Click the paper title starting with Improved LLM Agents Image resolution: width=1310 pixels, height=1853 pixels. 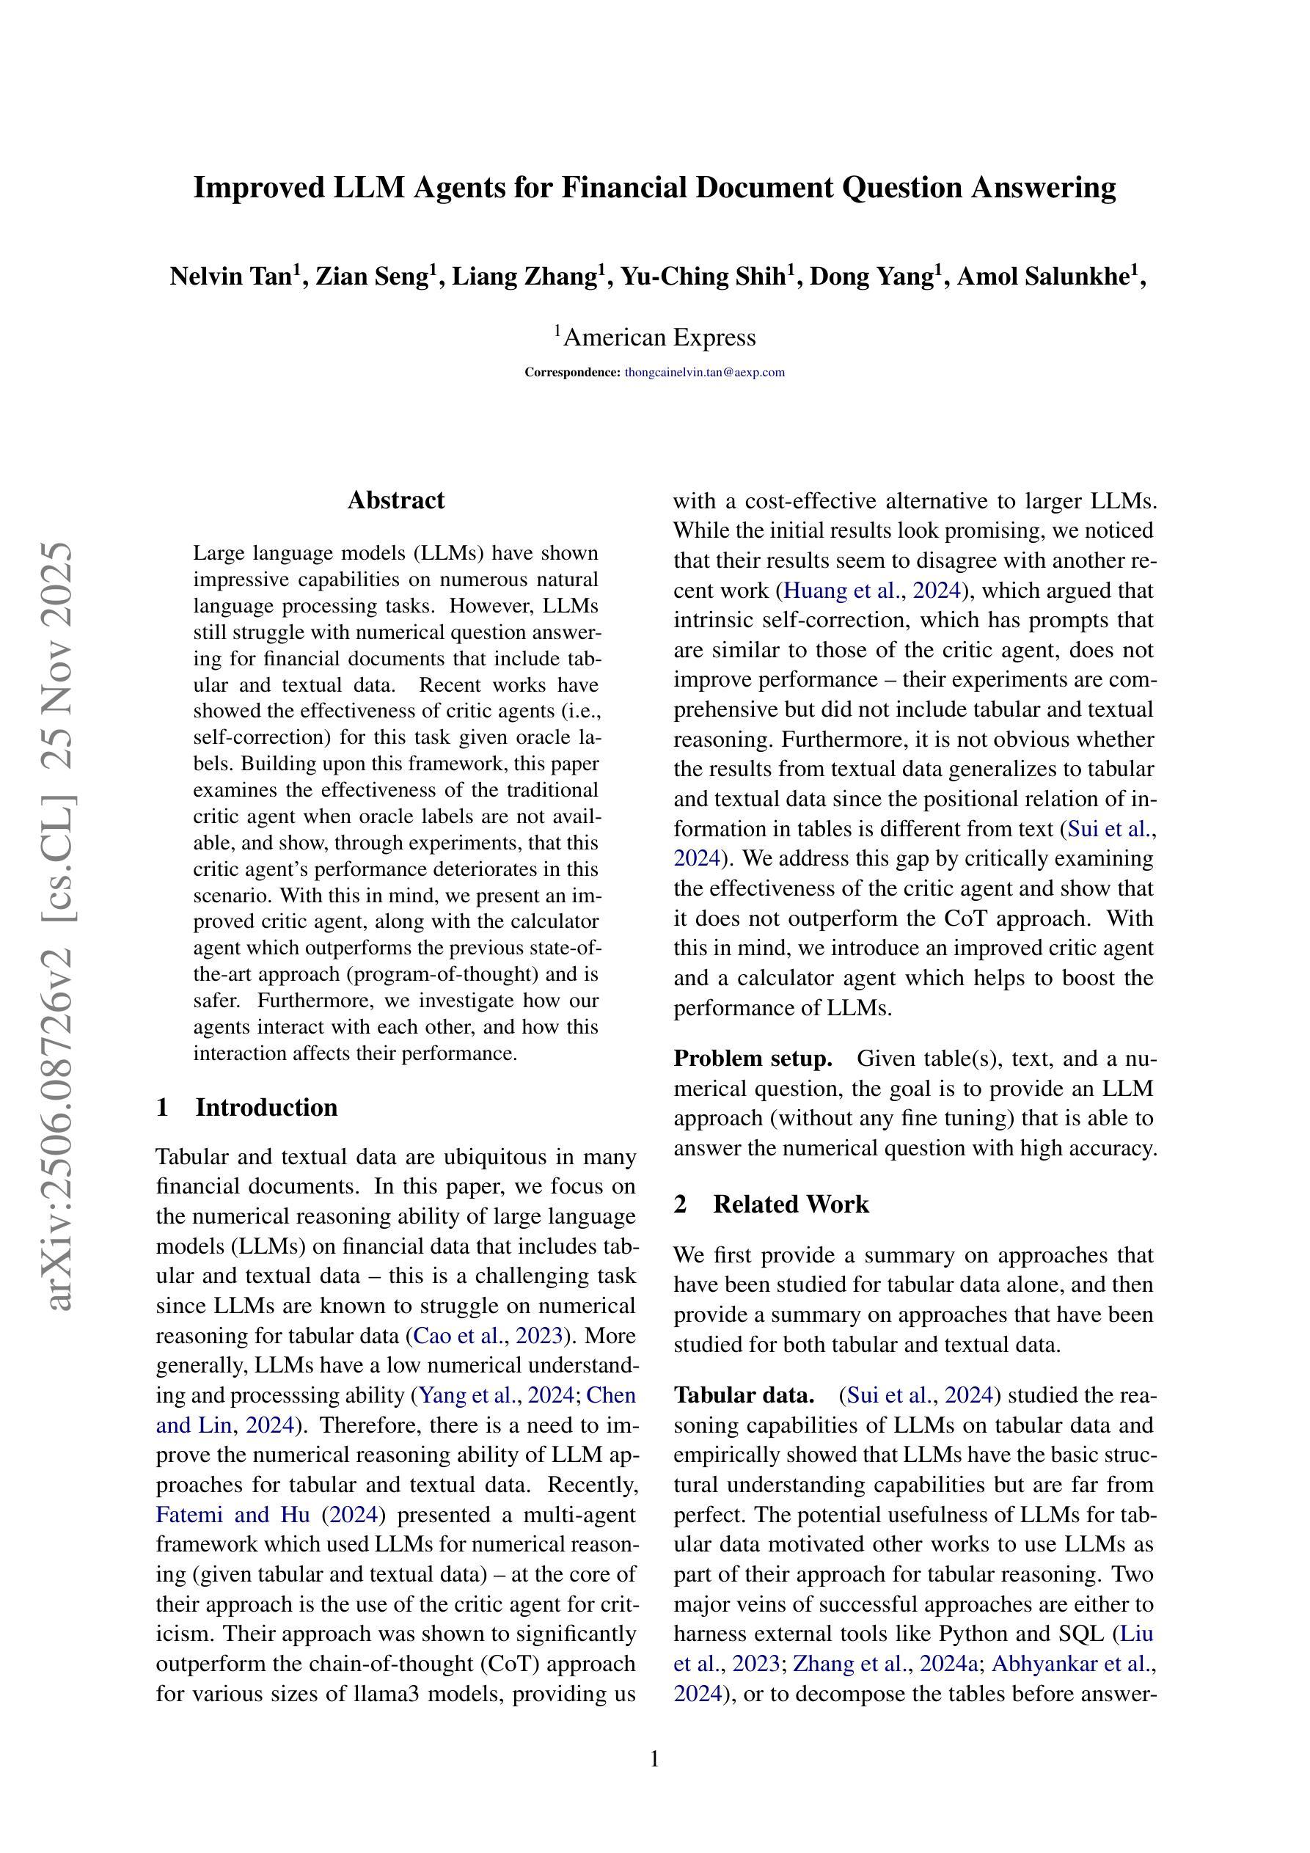pos(654,188)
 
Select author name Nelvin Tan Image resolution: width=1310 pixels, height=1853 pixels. pos(230,277)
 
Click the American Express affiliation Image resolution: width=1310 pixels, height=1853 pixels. pos(659,337)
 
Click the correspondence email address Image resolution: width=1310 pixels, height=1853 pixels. pos(705,372)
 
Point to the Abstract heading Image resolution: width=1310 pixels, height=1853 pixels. pos(395,500)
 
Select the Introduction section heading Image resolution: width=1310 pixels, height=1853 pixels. pos(266,1107)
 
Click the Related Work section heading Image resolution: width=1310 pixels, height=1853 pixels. pos(790,1204)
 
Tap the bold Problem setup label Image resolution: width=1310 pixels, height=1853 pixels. pos(753,1059)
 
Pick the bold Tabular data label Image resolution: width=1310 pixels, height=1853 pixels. pos(743,1395)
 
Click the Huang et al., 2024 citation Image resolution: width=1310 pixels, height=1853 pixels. pos(871,591)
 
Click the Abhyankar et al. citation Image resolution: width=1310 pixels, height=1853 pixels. pos(1070,1664)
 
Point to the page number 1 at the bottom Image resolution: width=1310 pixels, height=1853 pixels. pos(654,1759)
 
